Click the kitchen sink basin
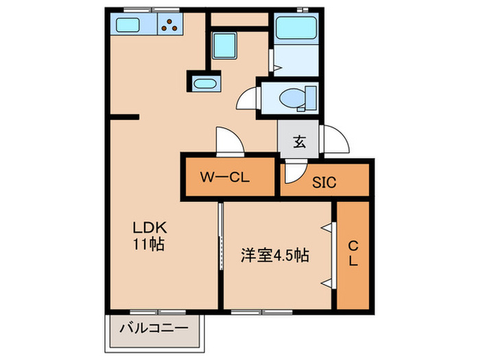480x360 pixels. click(x=129, y=27)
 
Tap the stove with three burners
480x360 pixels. click(x=171, y=27)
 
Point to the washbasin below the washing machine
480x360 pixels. click(x=204, y=84)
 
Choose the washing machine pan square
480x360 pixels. click(x=224, y=46)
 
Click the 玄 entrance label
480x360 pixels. click(x=300, y=142)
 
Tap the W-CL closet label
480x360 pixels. click(x=224, y=178)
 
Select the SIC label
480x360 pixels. click(x=324, y=182)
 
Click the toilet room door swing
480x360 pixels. click(x=247, y=101)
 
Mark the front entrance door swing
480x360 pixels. click(x=335, y=141)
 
